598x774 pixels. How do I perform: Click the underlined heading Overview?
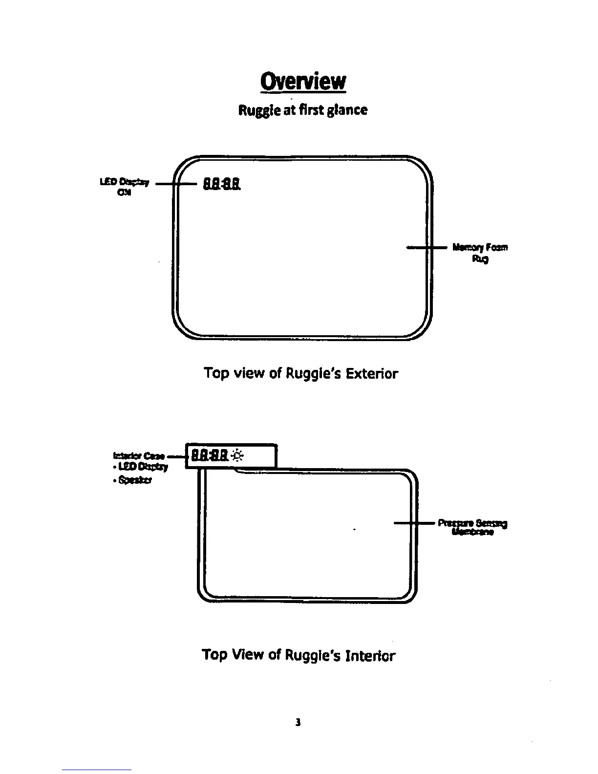pyautogui.click(x=303, y=82)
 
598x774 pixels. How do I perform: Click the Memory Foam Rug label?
pyautogui.click(x=480, y=253)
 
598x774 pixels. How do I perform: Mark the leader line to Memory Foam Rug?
pyautogui.click(x=426, y=248)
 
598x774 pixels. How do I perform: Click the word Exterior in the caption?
pyautogui.click(x=372, y=374)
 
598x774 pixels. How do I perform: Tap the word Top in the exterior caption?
pyautogui.click(x=215, y=374)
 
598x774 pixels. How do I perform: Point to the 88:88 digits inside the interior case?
pyautogui.click(x=210, y=456)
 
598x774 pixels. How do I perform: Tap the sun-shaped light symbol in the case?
pyautogui.click(x=238, y=456)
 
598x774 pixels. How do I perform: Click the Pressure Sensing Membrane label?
pyautogui.click(x=473, y=527)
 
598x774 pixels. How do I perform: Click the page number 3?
pyautogui.click(x=298, y=722)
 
